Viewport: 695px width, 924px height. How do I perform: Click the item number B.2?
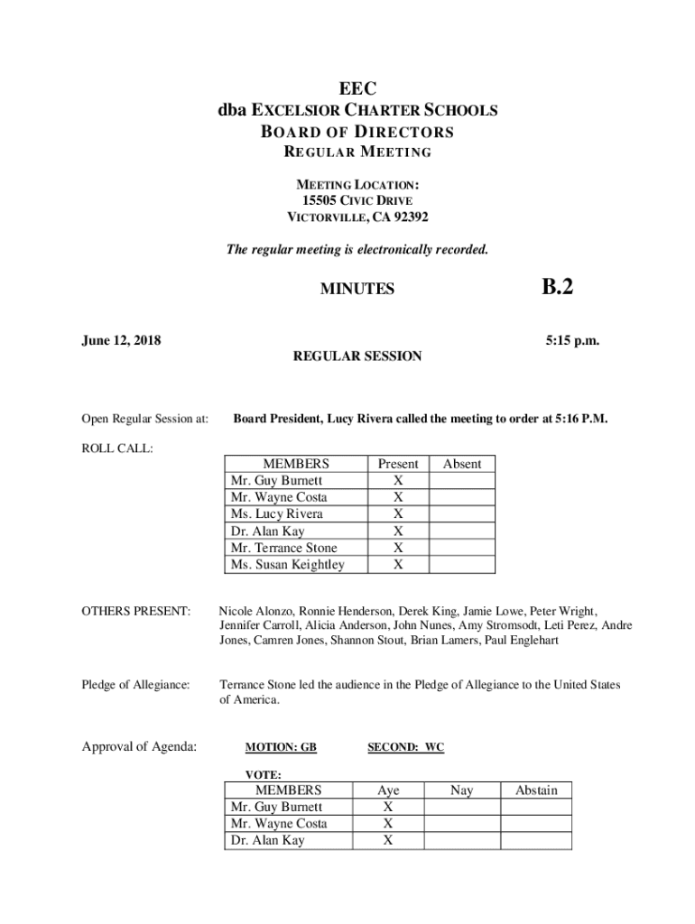pos(557,288)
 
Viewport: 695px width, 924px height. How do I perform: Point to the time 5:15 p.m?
pos(572,340)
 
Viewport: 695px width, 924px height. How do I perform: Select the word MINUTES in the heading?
pos(357,290)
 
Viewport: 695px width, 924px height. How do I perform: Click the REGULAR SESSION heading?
pos(357,356)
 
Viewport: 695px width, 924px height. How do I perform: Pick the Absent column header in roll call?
pos(461,464)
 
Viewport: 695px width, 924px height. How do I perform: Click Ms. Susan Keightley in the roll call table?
pos(288,565)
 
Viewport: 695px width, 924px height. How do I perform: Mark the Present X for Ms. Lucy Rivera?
pos(398,514)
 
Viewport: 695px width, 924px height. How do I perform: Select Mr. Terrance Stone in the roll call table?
pos(284,548)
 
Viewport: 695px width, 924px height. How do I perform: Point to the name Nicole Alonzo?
pos(256,611)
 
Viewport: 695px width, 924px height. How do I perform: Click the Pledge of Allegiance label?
pos(136,686)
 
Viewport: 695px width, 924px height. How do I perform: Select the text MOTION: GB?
pos(281,748)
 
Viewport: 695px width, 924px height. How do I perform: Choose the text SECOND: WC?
pos(406,748)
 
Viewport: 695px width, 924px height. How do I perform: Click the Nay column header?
pos(461,790)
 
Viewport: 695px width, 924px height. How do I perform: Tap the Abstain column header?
pos(536,790)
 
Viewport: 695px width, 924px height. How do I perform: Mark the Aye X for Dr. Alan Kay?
pos(388,841)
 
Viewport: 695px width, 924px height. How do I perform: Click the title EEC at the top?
pos(357,88)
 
